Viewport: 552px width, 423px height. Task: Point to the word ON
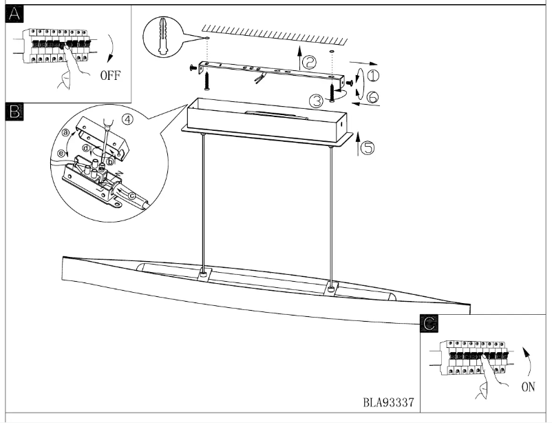click(x=528, y=387)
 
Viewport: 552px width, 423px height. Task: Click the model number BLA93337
click(x=388, y=400)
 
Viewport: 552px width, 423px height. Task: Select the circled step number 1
click(x=372, y=75)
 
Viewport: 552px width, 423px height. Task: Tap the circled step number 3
click(x=316, y=101)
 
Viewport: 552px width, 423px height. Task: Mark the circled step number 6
click(x=372, y=98)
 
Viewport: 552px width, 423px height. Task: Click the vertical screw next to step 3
click(x=332, y=92)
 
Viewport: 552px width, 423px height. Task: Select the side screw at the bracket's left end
click(x=191, y=68)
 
